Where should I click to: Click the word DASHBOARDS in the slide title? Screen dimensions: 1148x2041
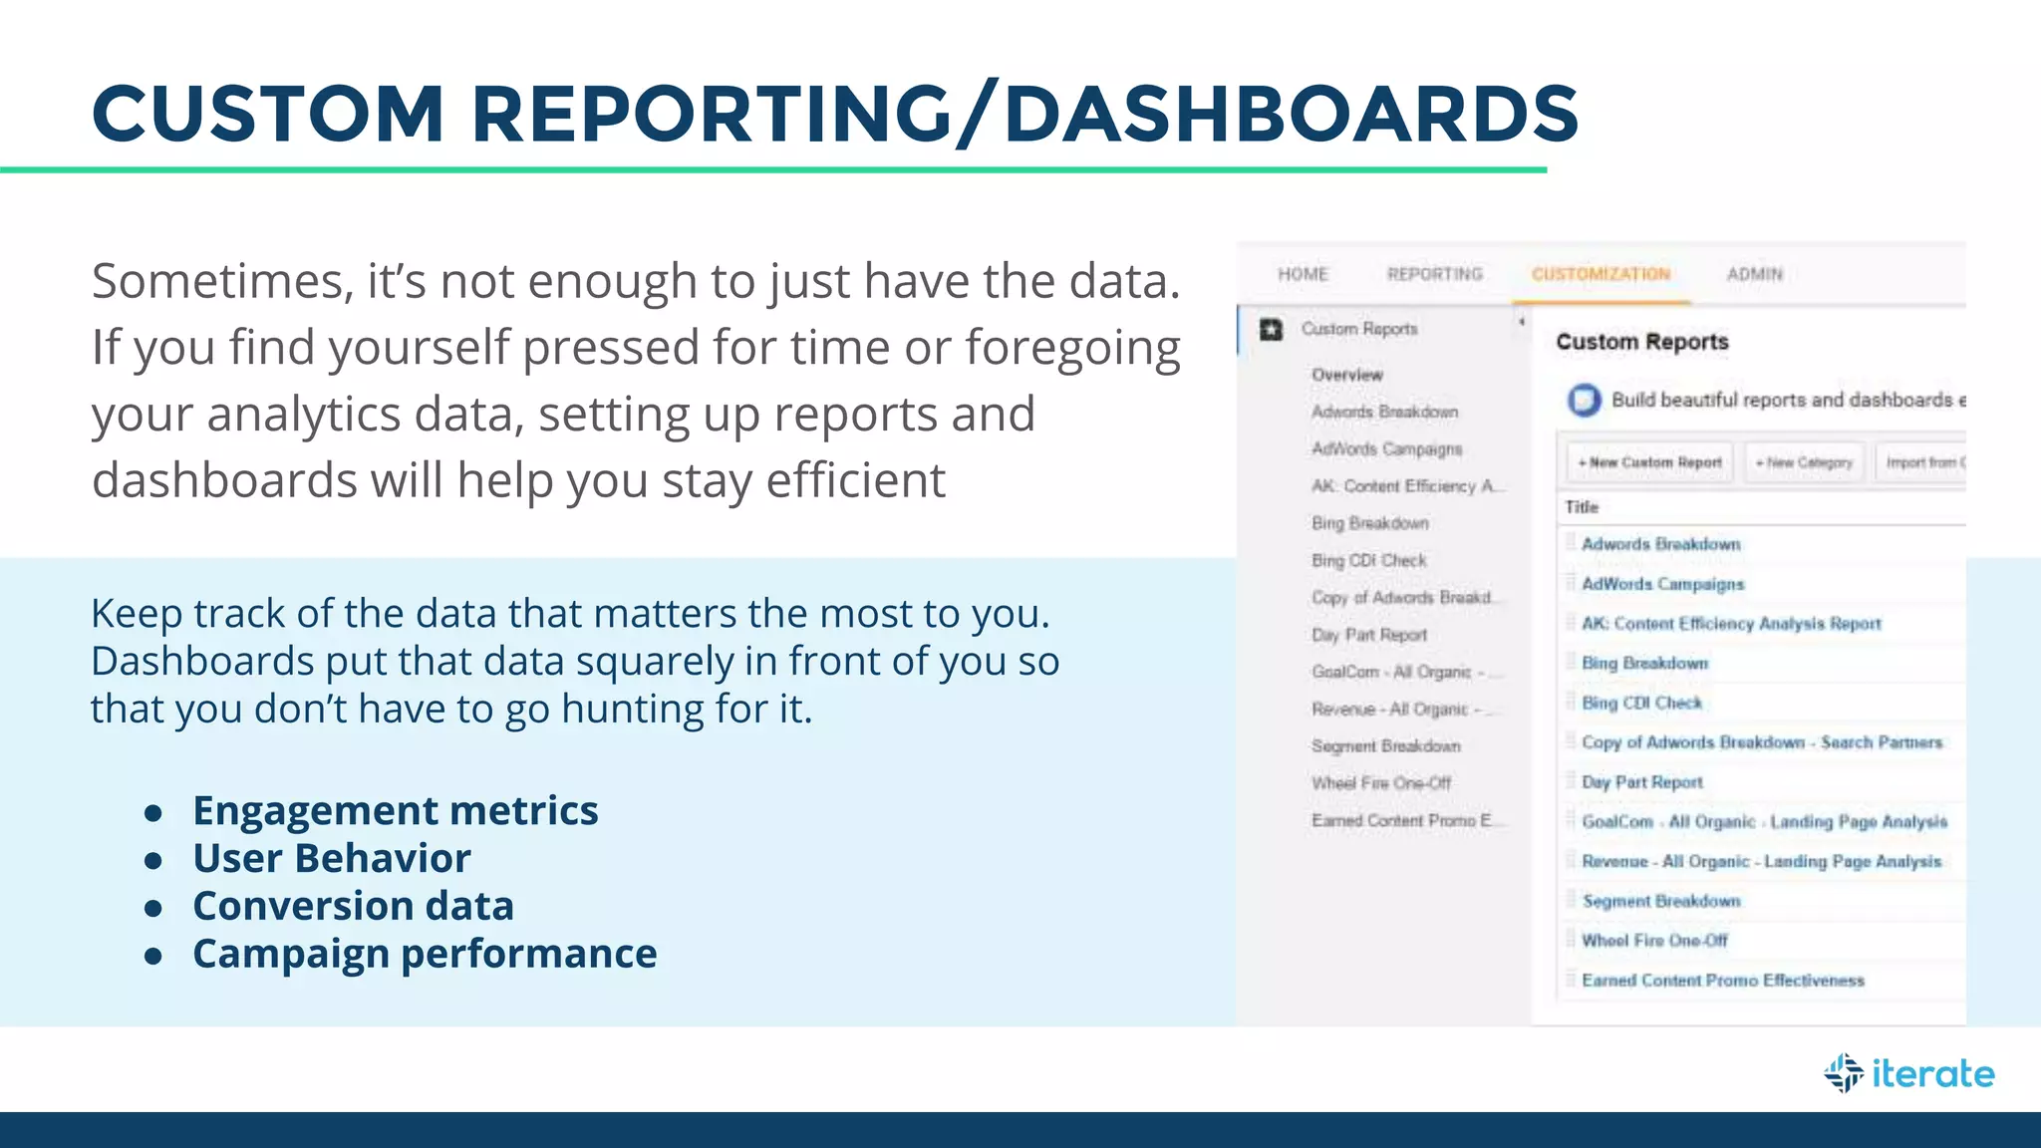[1291, 114]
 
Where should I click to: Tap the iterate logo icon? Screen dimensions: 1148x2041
[1844, 1073]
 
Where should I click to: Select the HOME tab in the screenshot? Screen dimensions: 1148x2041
[1303, 274]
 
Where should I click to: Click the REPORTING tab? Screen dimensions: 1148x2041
[1434, 274]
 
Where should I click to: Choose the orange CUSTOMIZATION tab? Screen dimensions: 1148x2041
[1601, 274]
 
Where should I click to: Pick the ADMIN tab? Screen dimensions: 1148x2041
[1754, 274]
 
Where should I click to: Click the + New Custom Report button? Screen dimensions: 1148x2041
[1650, 462]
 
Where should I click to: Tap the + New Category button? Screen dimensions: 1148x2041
[1804, 462]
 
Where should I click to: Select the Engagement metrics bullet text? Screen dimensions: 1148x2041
[396, 811]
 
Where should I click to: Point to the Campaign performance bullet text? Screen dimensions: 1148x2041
[425, 954]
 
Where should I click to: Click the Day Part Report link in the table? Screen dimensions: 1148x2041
[1642, 782]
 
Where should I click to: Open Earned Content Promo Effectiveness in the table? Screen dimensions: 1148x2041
[1723, 981]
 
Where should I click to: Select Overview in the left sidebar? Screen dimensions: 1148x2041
[1347, 375]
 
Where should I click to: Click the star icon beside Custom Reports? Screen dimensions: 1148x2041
[1271, 329]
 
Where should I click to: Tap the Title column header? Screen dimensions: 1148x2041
[1582, 507]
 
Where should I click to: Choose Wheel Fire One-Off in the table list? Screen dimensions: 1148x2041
[1654, 941]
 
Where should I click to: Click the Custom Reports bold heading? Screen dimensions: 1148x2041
[1642, 342]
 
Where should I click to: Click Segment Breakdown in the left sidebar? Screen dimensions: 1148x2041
[1385, 746]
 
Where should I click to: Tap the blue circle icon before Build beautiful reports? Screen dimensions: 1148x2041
[1584, 400]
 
